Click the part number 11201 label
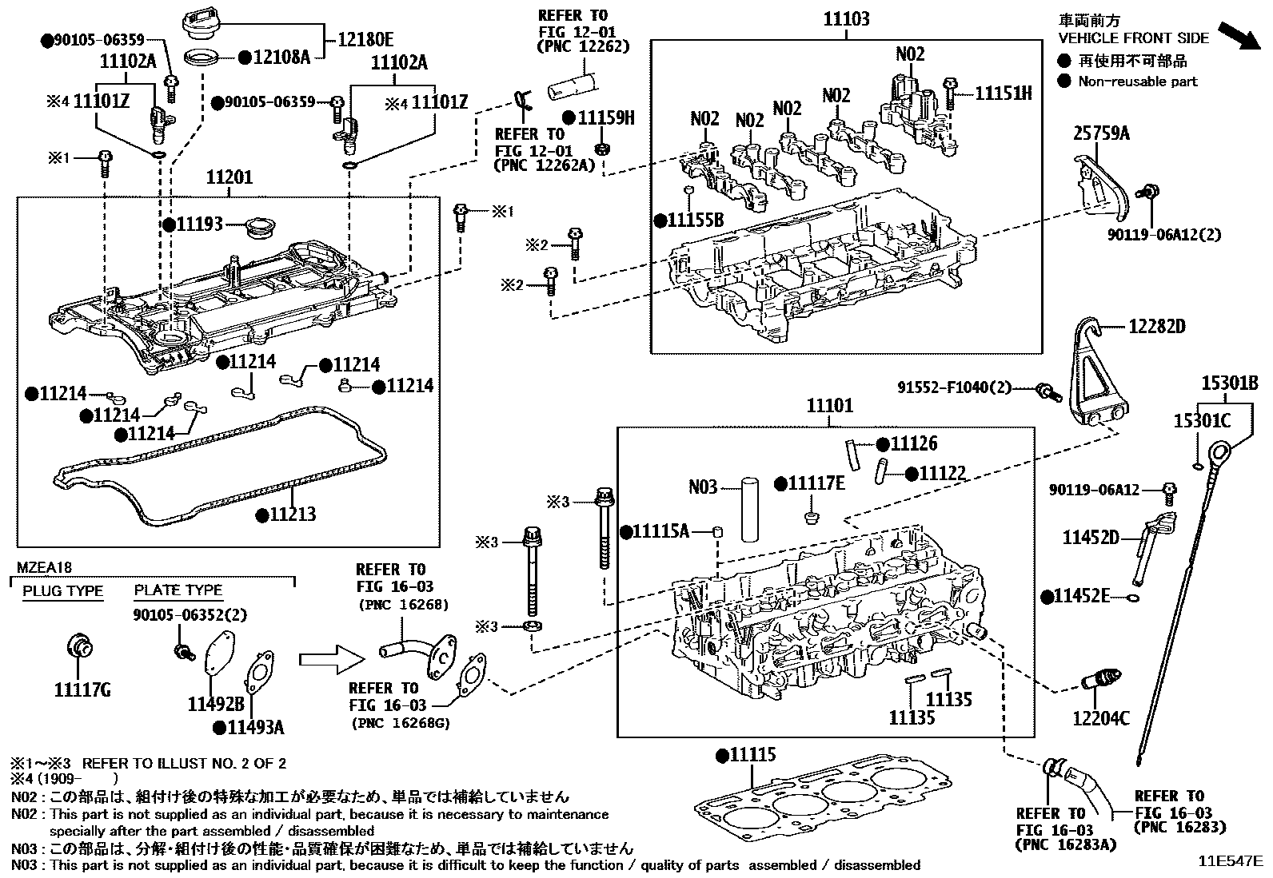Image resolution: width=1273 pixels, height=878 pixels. click(x=229, y=177)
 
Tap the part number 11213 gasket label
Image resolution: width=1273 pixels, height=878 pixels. click(x=291, y=514)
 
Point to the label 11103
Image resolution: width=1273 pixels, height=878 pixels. click(x=846, y=19)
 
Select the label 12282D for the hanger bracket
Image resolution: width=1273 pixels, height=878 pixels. click(x=1156, y=327)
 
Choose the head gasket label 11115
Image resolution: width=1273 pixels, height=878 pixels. click(x=752, y=755)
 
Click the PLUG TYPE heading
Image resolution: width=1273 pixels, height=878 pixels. click(x=62, y=591)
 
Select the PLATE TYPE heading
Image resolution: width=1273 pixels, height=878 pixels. click(x=178, y=590)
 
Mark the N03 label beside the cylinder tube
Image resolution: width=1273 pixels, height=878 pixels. click(x=703, y=486)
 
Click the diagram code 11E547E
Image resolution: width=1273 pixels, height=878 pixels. click(x=1229, y=861)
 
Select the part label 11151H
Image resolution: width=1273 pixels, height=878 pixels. click(x=1003, y=93)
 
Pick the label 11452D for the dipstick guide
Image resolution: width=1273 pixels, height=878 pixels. click(x=1091, y=538)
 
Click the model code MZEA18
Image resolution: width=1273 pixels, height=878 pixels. click(x=45, y=568)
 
